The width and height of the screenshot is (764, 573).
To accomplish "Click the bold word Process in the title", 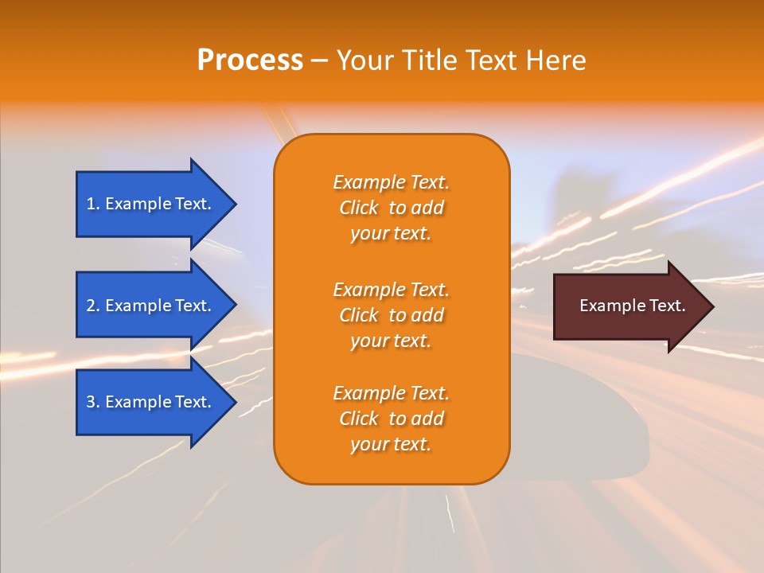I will (250, 60).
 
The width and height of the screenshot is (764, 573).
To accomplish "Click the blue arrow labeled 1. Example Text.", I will (151, 204).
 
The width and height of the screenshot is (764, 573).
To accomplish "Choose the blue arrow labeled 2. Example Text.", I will (151, 306).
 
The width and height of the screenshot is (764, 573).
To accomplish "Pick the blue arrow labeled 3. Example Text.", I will (151, 402).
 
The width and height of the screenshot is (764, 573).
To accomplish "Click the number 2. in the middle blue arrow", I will (93, 306).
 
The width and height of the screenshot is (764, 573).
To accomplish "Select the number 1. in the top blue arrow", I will (93, 204).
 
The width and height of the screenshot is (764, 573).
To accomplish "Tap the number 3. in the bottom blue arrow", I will (93, 402).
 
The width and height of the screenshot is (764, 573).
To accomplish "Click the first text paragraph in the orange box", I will (391, 208).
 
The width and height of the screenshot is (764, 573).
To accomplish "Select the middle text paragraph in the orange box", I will (391, 315).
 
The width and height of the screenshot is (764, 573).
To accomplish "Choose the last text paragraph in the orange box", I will (391, 419).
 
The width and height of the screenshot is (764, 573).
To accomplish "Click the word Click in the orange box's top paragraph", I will (358, 208).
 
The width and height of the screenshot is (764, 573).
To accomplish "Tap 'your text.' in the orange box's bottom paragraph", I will (391, 444).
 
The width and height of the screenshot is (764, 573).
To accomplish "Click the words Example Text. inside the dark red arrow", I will (632, 306).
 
